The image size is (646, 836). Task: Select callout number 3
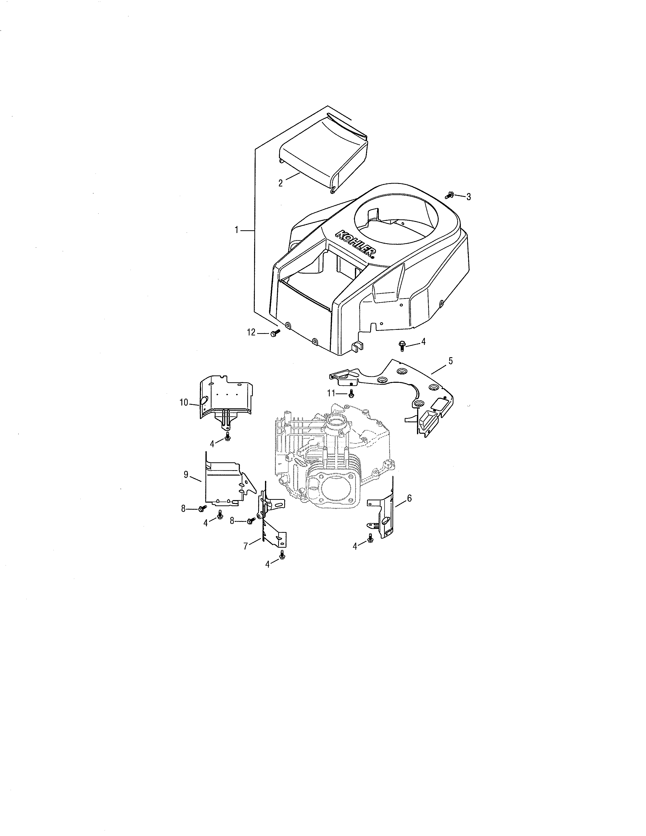468,197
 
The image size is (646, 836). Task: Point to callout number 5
450,360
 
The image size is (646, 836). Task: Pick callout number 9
186,475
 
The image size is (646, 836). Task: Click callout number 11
331,393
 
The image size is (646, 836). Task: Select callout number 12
251,333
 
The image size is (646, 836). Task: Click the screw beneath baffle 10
228,436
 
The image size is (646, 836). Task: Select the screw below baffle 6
370,538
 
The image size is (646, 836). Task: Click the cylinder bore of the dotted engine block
335,489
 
